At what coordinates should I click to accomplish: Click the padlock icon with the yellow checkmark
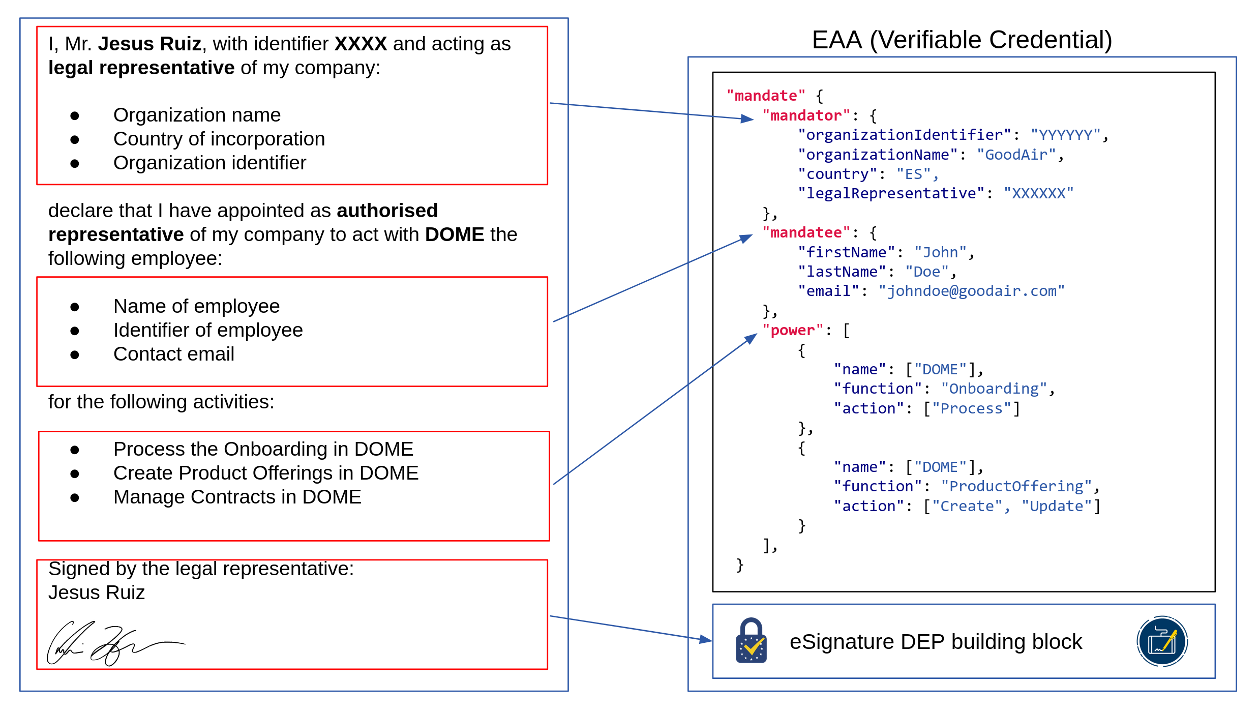(x=751, y=641)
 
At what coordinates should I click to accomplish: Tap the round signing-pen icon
(x=1162, y=641)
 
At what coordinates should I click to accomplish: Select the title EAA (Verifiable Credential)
(x=962, y=40)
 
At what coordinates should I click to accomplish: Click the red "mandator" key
(x=806, y=116)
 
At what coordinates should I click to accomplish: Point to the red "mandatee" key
(x=806, y=233)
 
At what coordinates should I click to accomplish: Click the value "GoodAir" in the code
(x=1016, y=155)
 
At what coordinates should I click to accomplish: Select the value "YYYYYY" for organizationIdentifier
(x=1065, y=135)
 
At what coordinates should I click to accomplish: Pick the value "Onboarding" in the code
(x=994, y=389)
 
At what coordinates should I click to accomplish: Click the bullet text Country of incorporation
(x=219, y=139)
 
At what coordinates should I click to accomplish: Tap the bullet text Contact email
(x=173, y=354)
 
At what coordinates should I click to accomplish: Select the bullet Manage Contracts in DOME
(x=237, y=497)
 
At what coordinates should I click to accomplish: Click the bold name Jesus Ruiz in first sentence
(x=149, y=44)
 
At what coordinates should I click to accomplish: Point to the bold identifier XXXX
(x=361, y=44)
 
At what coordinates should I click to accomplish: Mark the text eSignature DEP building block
(x=936, y=642)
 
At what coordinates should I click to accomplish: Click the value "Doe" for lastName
(x=926, y=272)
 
